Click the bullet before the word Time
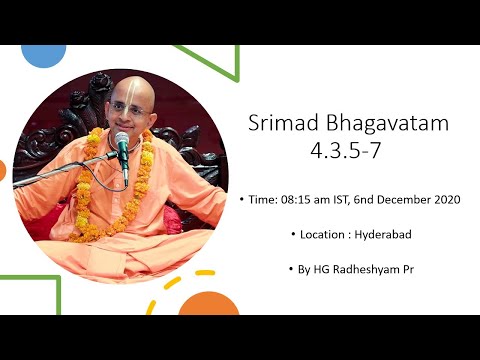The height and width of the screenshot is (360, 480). coord(244,200)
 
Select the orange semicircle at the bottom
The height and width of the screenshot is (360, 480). coord(208,304)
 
